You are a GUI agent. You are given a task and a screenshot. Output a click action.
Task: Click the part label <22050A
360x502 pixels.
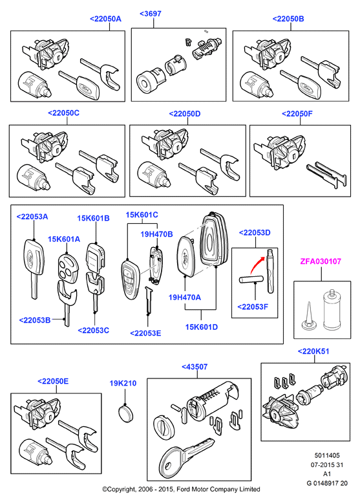[105, 19]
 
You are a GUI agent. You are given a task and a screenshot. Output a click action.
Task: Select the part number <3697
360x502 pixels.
[151, 14]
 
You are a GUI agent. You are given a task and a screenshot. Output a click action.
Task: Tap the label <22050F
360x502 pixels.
[297, 114]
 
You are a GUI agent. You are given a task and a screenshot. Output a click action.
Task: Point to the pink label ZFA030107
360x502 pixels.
[321, 261]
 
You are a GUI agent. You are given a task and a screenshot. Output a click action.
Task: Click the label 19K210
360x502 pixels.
[123, 383]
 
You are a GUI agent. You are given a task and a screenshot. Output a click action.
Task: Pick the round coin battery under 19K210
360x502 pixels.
[126, 413]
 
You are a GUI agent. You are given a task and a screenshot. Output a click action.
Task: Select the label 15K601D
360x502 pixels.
[202, 327]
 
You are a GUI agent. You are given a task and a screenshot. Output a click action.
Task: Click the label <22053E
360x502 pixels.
[145, 333]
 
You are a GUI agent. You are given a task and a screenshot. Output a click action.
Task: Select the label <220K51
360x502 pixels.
[313, 351]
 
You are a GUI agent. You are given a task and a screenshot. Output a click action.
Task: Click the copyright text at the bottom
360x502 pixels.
[181, 489]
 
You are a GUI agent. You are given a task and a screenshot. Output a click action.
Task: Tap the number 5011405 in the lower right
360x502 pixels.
[327, 455]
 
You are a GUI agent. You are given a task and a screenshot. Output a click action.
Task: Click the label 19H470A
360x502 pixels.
[185, 298]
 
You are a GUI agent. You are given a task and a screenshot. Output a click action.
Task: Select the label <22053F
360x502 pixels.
[253, 307]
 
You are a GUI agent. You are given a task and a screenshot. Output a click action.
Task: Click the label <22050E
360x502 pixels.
[53, 381]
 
